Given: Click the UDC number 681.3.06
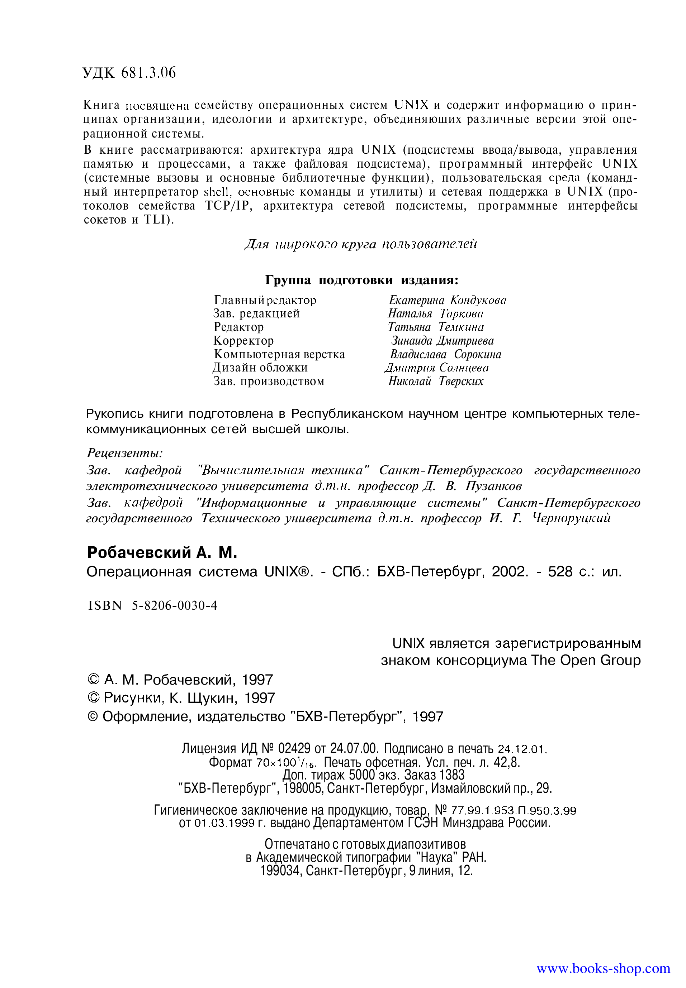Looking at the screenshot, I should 148,73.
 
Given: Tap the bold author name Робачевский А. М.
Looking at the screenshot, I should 162,553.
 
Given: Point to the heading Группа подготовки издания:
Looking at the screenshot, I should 361,280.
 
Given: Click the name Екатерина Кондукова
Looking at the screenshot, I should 447,300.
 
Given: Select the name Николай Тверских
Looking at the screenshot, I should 435,381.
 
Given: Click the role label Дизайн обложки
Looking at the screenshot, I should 260,368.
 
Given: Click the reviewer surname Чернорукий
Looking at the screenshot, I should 571,519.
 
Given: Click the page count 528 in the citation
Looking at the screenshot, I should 560,572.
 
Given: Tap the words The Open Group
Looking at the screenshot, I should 586,660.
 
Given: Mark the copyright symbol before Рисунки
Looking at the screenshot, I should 93,698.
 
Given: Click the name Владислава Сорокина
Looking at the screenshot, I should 445,355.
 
